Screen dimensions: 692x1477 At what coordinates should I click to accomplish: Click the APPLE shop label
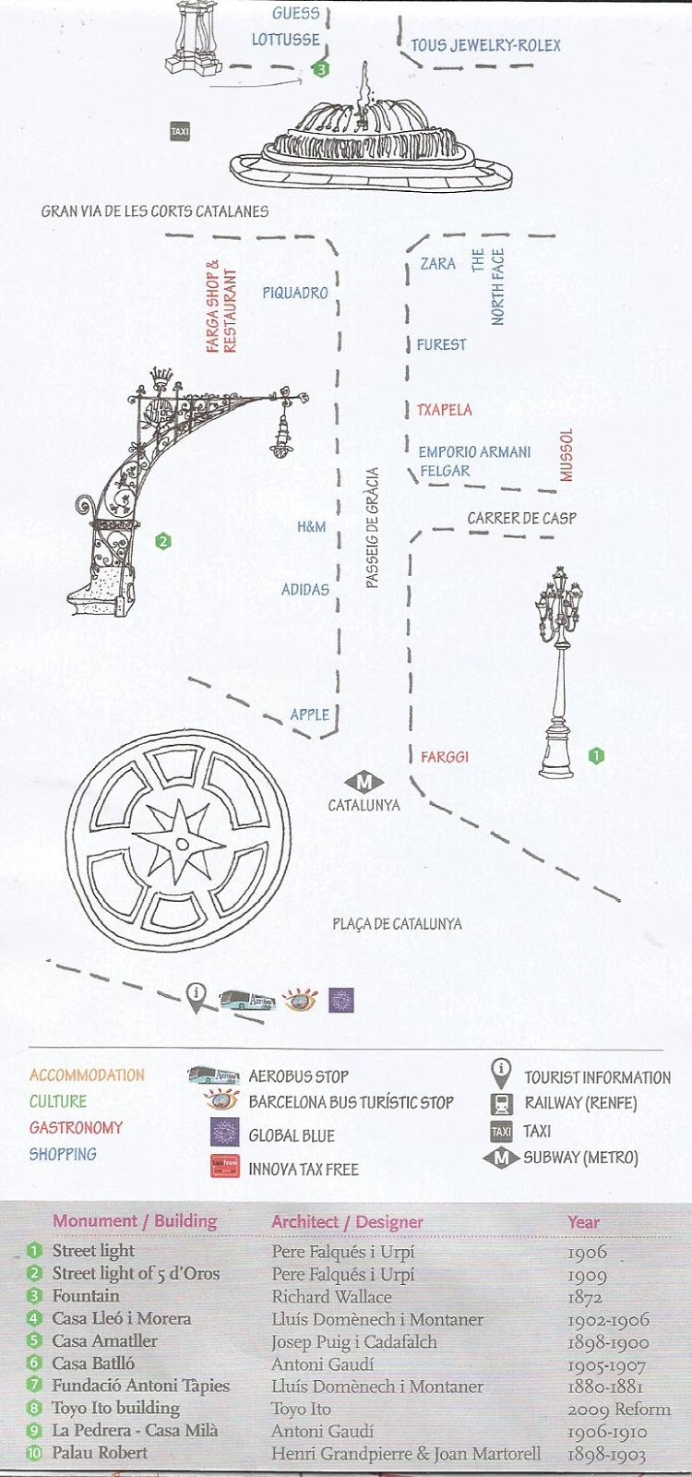pos(309,714)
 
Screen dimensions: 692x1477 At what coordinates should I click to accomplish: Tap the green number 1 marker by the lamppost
pos(596,756)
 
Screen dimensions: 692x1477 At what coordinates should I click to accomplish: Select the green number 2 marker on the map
pos(163,542)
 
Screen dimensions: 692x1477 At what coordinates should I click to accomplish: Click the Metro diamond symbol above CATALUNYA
pos(364,782)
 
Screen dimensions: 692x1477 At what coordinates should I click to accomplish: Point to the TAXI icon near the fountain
pos(180,132)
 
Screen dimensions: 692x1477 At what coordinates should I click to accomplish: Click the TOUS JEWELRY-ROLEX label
pos(485,45)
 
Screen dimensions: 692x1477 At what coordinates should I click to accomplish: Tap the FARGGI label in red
pos(445,757)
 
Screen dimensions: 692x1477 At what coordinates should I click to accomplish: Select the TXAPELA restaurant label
pos(444,410)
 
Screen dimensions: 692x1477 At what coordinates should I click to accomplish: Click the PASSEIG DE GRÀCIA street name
pos(372,528)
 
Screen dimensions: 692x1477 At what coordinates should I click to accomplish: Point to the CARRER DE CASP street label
pos(521,518)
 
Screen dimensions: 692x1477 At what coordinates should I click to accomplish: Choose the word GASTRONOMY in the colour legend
pos(76,1128)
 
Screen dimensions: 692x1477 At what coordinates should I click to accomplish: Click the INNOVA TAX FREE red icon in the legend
pos(225,1167)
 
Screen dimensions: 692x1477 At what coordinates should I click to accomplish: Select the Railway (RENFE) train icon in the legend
pos(501,1103)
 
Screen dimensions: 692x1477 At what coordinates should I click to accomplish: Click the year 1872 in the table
pos(585,1297)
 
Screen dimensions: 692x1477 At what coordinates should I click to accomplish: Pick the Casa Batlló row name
pos(93,1363)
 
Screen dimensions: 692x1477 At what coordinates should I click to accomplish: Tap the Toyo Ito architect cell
pos(301,1409)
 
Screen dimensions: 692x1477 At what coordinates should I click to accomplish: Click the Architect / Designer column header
pos(347,1222)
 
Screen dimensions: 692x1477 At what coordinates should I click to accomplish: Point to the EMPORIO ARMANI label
pos(474,452)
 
